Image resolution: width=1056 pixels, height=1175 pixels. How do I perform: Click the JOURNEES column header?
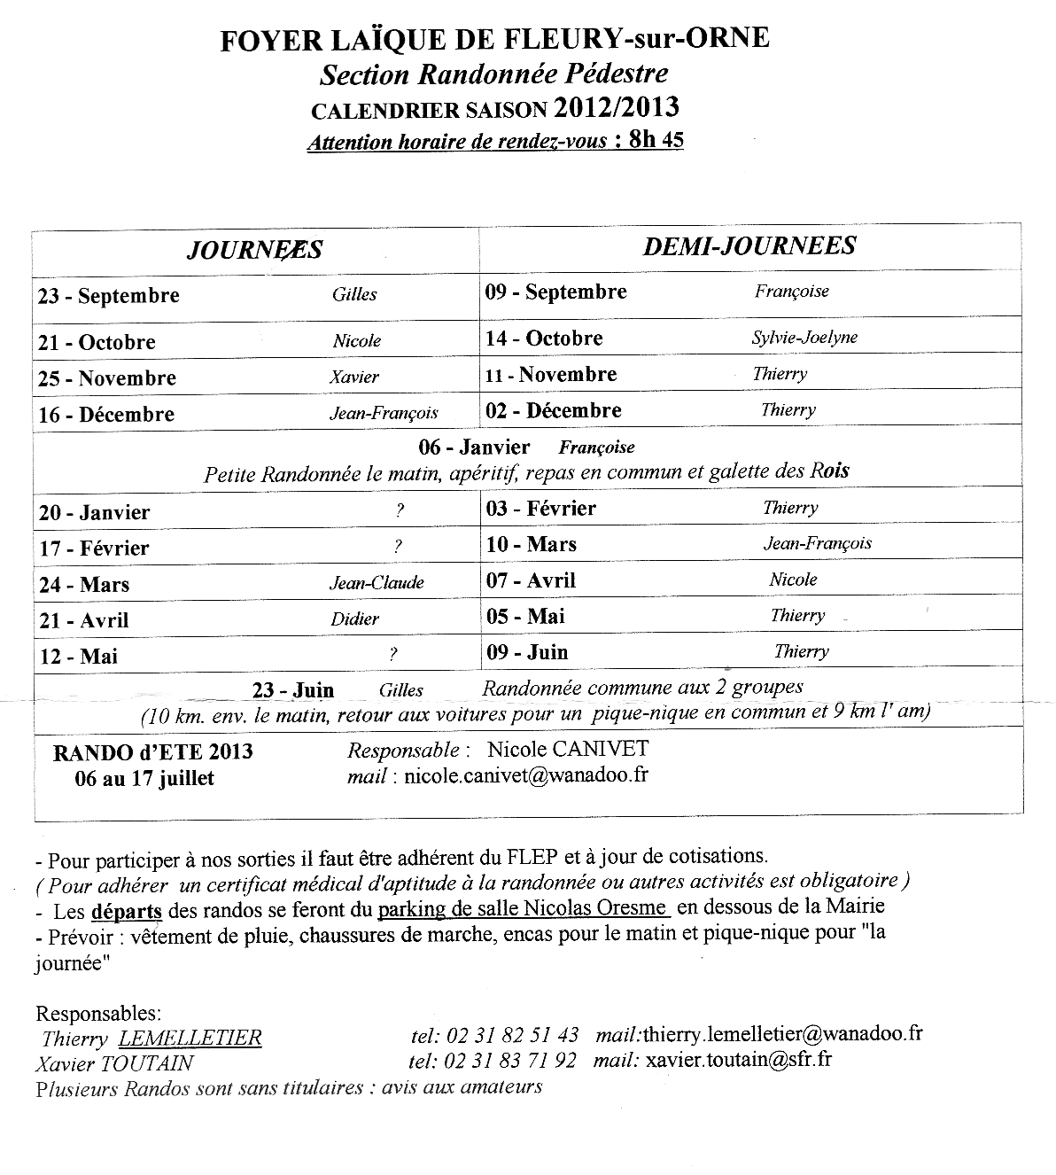click(x=254, y=250)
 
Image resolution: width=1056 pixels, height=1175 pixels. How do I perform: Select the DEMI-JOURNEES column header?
click(x=749, y=245)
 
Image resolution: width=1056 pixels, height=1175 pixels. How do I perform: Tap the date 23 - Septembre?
click(x=108, y=296)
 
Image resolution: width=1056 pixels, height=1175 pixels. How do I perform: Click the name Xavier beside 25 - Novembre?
click(x=354, y=377)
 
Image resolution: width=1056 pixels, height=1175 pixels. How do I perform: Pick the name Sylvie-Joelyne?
click(x=804, y=338)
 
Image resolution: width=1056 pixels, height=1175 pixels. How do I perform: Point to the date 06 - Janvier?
click(x=474, y=447)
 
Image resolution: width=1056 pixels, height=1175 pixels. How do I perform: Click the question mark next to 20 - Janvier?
click(x=400, y=510)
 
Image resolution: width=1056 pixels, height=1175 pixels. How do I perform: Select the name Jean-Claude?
click(x=377, y=583)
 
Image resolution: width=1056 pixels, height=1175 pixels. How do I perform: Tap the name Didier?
click(x=354, y=619)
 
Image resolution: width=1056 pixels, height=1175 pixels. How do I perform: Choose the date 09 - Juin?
click(x=527, y=653)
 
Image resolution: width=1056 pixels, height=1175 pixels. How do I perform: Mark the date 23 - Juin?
click(x=293, y=690)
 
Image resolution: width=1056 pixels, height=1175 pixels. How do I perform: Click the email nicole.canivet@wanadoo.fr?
click(x=525, y=775)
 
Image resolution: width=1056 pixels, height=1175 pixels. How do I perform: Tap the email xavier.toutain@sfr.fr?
click(x=739, y=1060)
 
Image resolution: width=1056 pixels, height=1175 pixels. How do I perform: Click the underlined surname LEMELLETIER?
click(x=190, y=1038)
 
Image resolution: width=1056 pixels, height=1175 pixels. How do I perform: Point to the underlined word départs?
click(x=126, y=911)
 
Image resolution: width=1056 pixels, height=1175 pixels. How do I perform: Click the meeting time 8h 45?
click(x=655, y=140)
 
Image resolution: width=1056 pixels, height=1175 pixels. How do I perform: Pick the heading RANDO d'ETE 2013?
click(x=153, y=752)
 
